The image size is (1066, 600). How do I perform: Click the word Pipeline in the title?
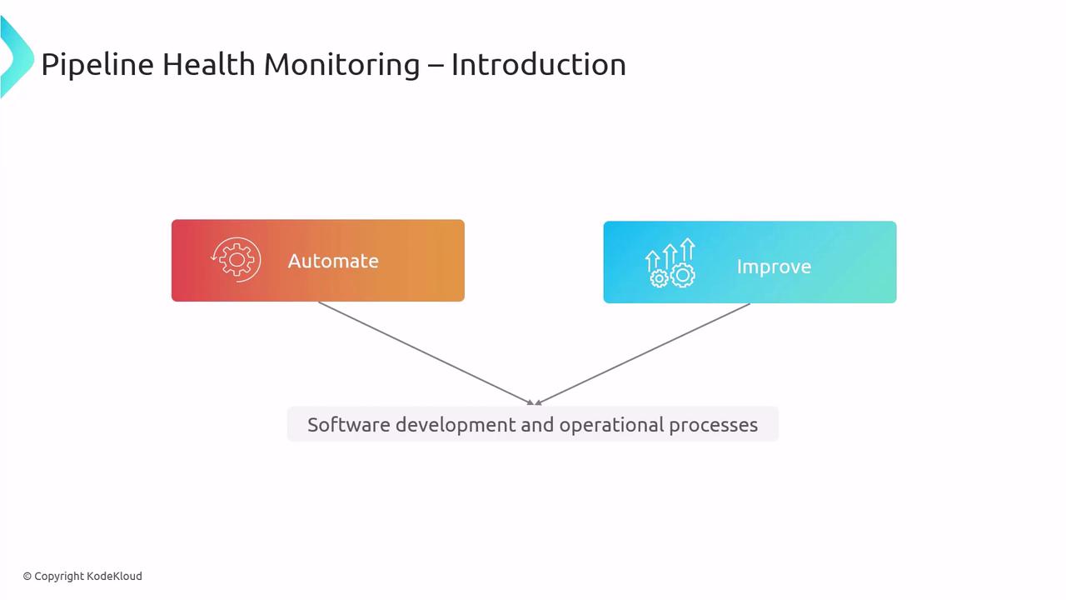[x=97, y=64]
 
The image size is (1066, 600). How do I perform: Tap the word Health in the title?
[x=209, y=64]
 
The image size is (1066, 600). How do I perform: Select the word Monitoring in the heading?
[x=341, y=65]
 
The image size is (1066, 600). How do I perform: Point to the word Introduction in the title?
[x=539, y=64]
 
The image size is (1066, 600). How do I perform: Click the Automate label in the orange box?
[x=333, y=261]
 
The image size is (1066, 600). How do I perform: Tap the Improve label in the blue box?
[x=774, y=267]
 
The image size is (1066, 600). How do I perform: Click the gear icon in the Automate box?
[x=236, y=259]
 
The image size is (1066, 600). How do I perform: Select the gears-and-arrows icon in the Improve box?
[x=670, y=262]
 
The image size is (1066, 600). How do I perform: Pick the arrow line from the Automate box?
[x=426, y=353]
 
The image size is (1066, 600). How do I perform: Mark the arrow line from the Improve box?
[x=642, y=354]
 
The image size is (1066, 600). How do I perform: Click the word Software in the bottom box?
[x=349, y=425]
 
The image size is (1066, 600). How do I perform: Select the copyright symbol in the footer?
[x=27, y=577]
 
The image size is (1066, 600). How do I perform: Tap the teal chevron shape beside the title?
[x=17, y=57]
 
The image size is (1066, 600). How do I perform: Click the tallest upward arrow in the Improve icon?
[x=688, y=251]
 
